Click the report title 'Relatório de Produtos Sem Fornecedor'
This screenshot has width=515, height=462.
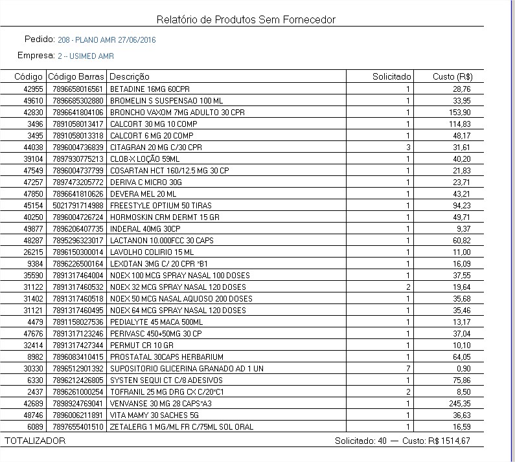[x=246, y=20]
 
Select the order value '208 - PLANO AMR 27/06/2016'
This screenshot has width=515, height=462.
[x=107, y=40]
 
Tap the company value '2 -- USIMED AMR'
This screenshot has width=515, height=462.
[x=86, y=56]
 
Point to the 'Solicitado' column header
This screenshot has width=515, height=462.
[x=391, y=77]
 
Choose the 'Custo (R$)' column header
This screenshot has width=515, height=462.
[x=452, y=77]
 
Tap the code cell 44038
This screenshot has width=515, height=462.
[x=33, y=147]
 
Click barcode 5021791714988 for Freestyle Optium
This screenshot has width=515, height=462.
[x=78, y=205]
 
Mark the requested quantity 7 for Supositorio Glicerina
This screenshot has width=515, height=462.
[x=408, y=368]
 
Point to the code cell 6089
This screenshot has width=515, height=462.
[x=35, y=426]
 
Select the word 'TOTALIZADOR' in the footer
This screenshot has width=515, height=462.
[x=35, y=441]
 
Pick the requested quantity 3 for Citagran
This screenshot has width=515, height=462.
[x=408, y=147]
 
